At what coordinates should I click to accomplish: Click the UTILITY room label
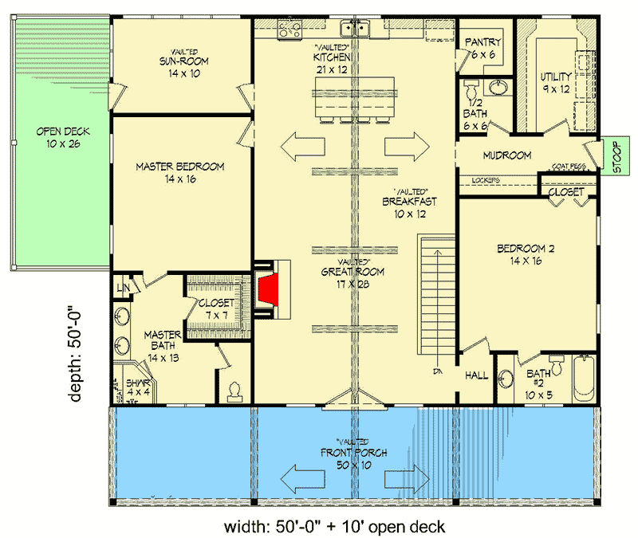tap(556, 77)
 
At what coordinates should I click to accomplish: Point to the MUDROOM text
tap(506, 155)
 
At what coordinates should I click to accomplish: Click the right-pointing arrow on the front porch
tap(404, 478)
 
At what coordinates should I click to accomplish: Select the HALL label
tap(476, 375)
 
